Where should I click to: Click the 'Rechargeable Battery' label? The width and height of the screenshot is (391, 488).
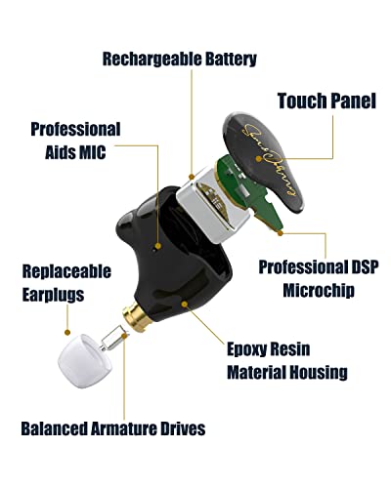(180, 60)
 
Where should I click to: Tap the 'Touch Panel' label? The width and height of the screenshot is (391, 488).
(326, 101)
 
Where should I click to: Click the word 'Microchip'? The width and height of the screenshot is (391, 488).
(319, 290)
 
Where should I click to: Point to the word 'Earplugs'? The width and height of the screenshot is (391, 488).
(53, 295)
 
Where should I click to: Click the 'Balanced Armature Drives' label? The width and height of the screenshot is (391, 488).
(113, 428)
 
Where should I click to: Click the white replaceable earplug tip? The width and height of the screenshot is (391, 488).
(85, 361)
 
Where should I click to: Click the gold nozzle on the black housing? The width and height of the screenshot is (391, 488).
(137, 316)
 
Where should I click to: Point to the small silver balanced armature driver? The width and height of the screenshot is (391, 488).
(113, 339)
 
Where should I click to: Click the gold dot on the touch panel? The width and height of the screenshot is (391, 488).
(258, 159)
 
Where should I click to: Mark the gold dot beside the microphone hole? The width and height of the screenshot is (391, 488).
(158, 246)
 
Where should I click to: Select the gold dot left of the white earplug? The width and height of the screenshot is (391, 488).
(67, 332)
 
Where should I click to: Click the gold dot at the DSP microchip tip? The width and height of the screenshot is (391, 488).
(281, 233)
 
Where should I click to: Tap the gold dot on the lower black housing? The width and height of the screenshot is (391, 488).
(185, 305)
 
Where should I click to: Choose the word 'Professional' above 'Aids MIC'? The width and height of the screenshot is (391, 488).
(75, 129)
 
